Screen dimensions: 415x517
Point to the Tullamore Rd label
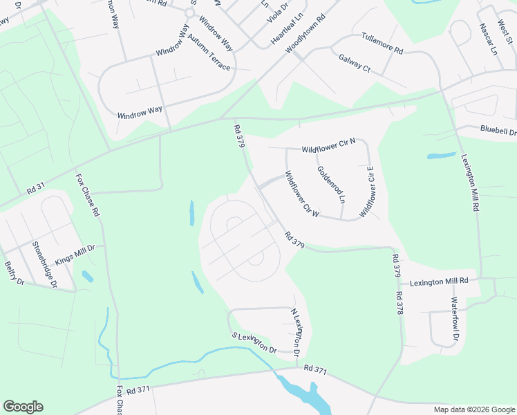382,44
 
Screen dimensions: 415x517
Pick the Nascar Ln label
488,39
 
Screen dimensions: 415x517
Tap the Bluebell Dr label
498,130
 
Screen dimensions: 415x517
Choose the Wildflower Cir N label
328,146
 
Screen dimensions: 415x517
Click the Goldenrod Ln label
331,183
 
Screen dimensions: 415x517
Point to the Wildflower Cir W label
301,194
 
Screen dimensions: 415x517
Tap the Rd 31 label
35,187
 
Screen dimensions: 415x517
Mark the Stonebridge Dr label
45,263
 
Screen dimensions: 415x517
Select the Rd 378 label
399,303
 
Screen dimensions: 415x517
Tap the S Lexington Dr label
253,342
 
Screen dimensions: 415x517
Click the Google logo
23,407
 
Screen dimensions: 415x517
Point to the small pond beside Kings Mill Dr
87,277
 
